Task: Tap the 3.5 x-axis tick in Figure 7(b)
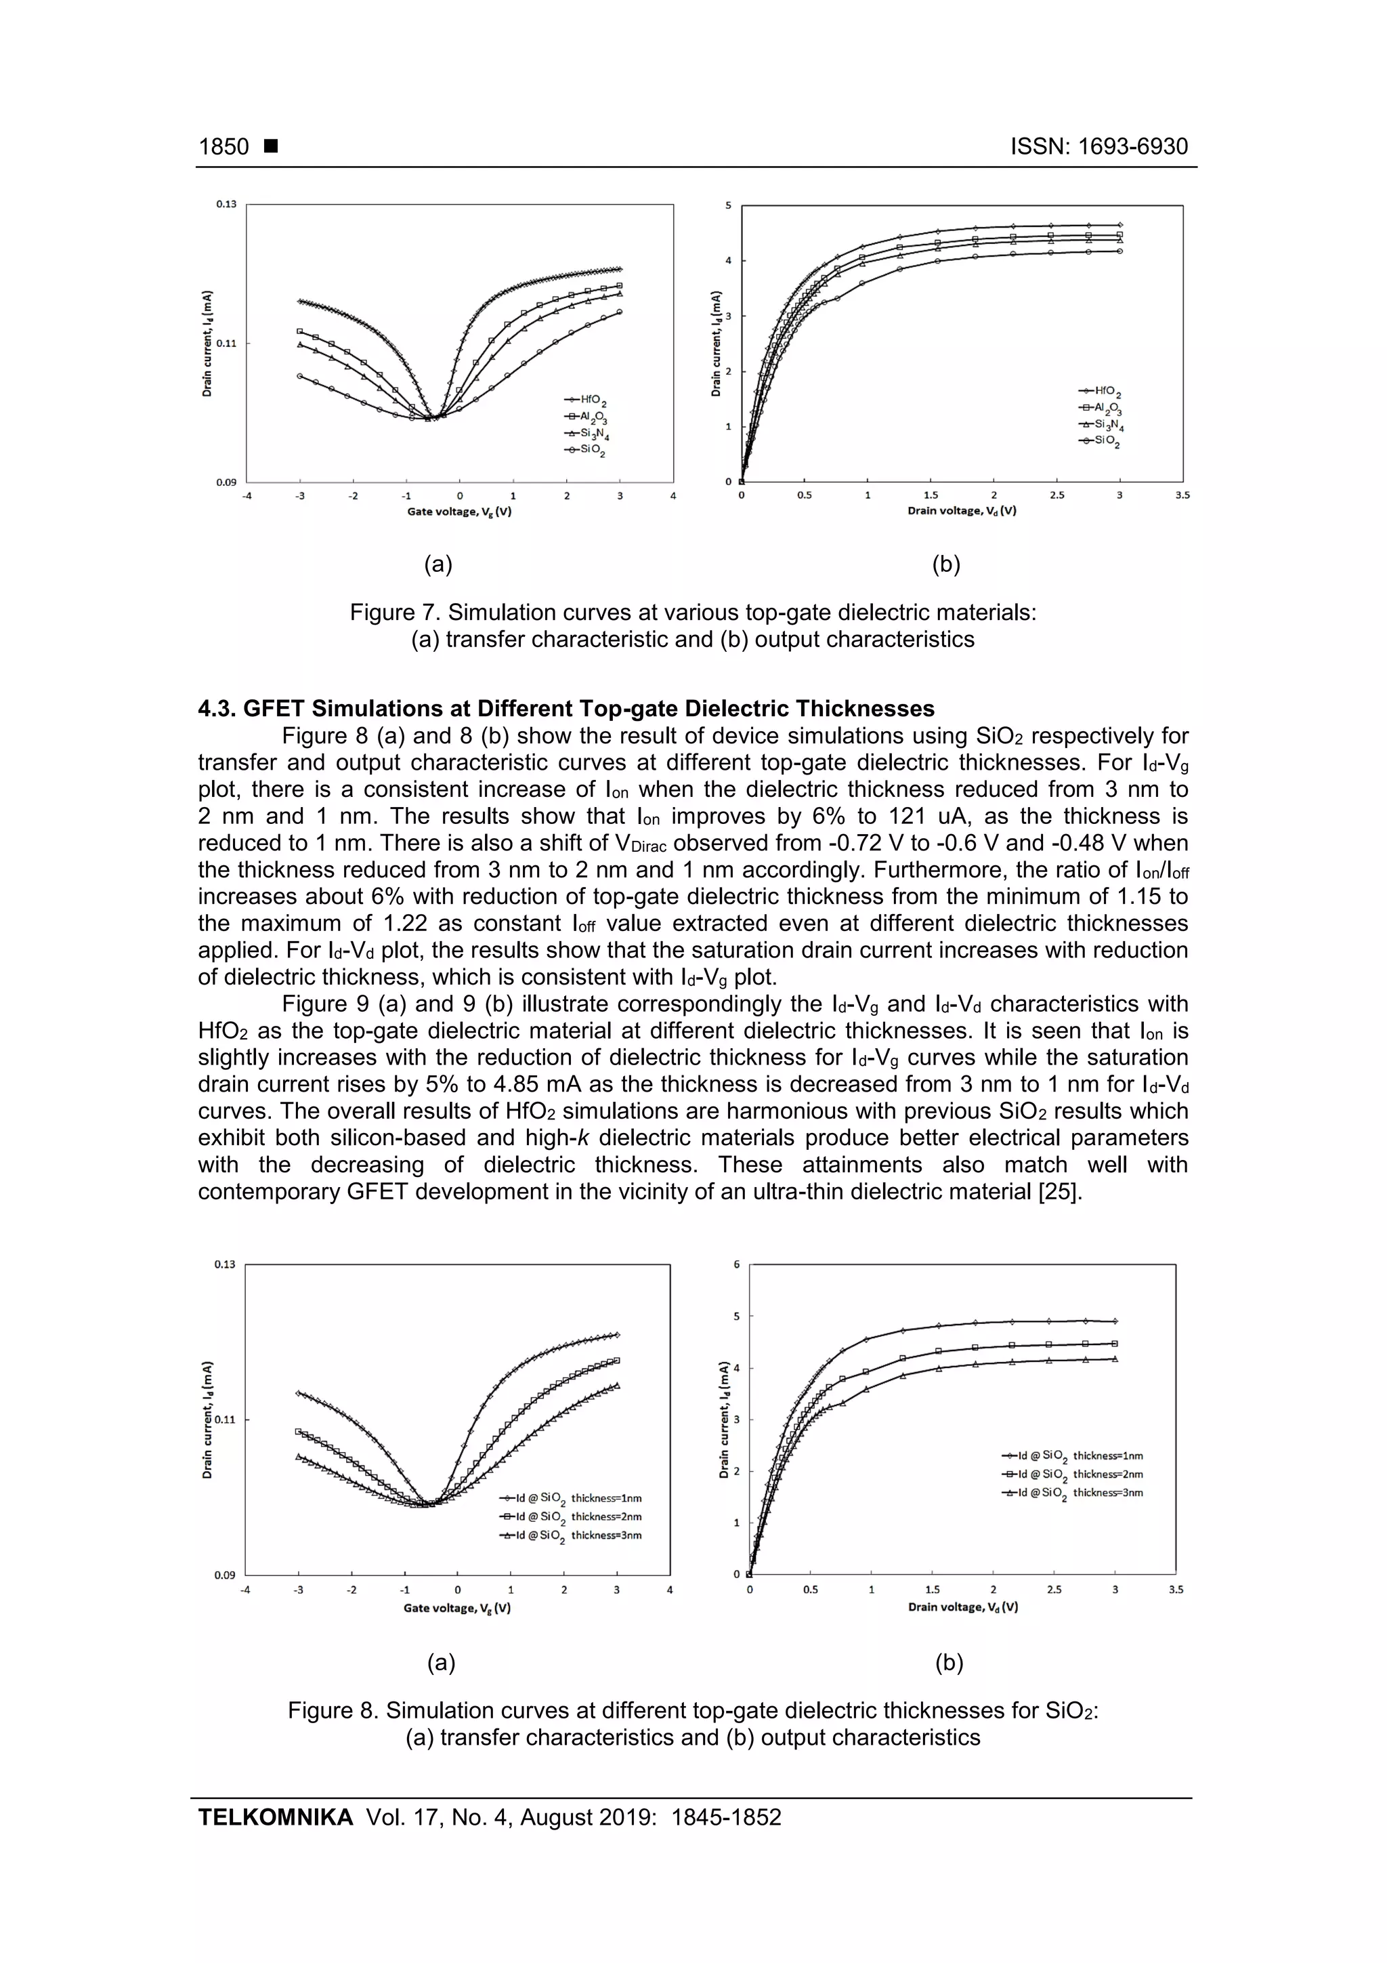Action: pos(1182,495)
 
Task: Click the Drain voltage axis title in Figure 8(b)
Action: pos(962,1607)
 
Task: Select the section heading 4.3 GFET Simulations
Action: pos(566,709)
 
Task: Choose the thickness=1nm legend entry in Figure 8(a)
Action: pos(571,1498)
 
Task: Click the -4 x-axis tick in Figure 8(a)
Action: pos(246,1590)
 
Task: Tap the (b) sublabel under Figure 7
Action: pos(946,564)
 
